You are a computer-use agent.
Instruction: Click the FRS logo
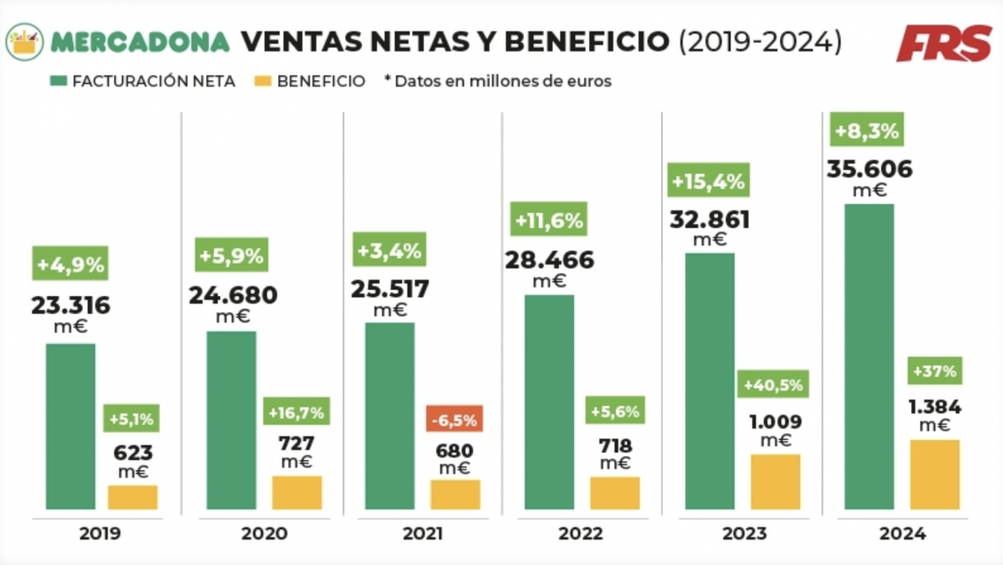pyautogui.click(x=944, y=43)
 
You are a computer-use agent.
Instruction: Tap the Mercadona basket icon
pyautogui.click(x=24, y=42)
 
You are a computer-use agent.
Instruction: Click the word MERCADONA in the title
pyautogui.click(x=140, y=42)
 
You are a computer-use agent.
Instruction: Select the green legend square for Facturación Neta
pyautogui.click(x=59, y=82)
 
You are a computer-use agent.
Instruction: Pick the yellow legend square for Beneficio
pyautogui.click(x=263, y=82)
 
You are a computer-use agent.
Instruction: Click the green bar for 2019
pyautogui.click(x=70, y=426)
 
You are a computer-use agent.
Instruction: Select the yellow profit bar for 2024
pyautogui.click(x=934, y=475)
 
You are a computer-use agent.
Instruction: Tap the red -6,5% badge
pyautogui.click(x=455, y=418)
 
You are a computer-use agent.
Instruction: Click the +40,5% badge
pyautogui.click(x=773, y=385)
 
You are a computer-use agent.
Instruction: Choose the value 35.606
pyautogui.click(x=869, y=170)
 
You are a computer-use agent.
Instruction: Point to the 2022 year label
pyautogui.click(x=581, y=534)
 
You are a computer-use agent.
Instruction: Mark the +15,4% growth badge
pyautogui.click(x=708, y=181)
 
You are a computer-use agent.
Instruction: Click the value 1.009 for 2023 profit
pyautogui.click(x=775, y=422)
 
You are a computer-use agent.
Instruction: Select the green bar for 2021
pyautogui.click(x=389, y=416)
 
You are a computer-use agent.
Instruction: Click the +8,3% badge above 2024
pyautogui.click(x=866, y=131)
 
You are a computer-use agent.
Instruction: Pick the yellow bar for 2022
pyautogui.click(x=614, y=493)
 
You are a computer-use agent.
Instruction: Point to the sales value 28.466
pyautogui.click(x=549, y=260)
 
